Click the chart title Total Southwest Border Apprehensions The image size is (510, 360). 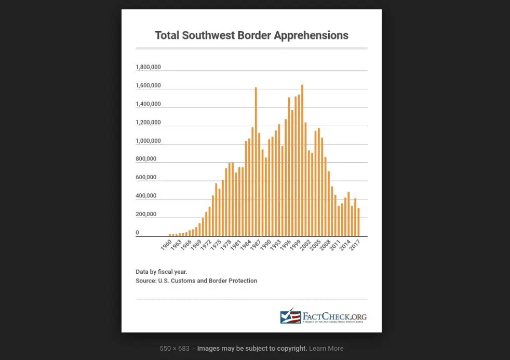[x=251, y=35]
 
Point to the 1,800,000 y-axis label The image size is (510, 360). [x=148, y=67]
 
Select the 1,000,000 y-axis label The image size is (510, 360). [x=148, y=141]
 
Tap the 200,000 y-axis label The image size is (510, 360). [x=146, y=214]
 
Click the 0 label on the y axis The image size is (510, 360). [x=137, y=233]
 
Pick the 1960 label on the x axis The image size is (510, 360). [x=166, y=245]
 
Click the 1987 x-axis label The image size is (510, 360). [x=256, y=245]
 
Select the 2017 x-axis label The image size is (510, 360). [x=355, y=245]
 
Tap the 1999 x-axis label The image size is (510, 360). [x=295, y=245]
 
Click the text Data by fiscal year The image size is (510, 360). [x=161, y=272]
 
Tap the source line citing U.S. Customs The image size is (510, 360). [x=196, y=281]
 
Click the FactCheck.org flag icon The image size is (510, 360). [x=290, y=316]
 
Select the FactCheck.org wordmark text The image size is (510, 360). [x=334, y=316]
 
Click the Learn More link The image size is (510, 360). [x=326, y=348]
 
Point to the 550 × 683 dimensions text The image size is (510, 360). [x=175, y=348]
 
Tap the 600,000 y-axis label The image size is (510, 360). [x=146, y=177]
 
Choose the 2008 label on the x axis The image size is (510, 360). [x=325, y=245]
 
